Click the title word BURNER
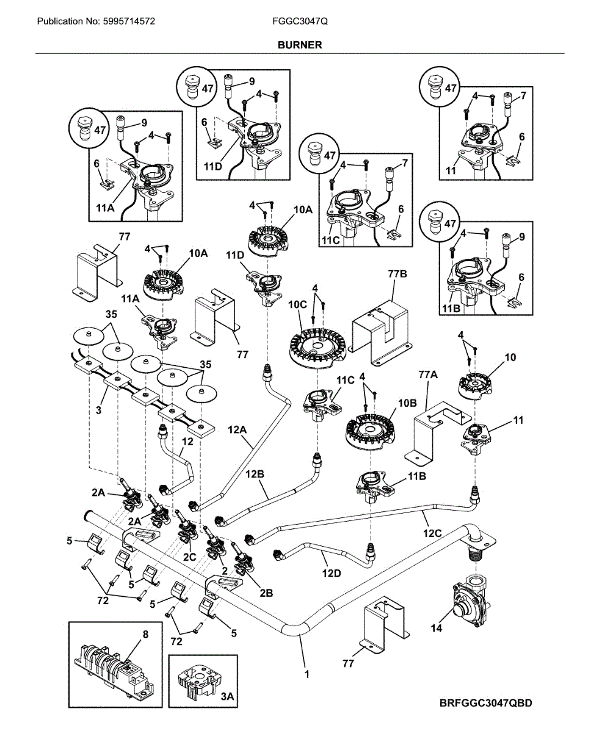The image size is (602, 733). pos(299,45)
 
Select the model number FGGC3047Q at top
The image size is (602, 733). pos(300,21)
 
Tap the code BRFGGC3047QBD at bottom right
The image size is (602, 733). pos(485,703)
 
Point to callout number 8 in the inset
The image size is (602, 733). pos(145,635)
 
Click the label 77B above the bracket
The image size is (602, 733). pos(397,274)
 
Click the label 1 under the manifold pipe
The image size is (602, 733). pos(306,674)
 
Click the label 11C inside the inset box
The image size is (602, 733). pos(330,241)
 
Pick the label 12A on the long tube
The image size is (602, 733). pos(238,431)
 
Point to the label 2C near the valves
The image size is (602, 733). pos(190,556)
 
